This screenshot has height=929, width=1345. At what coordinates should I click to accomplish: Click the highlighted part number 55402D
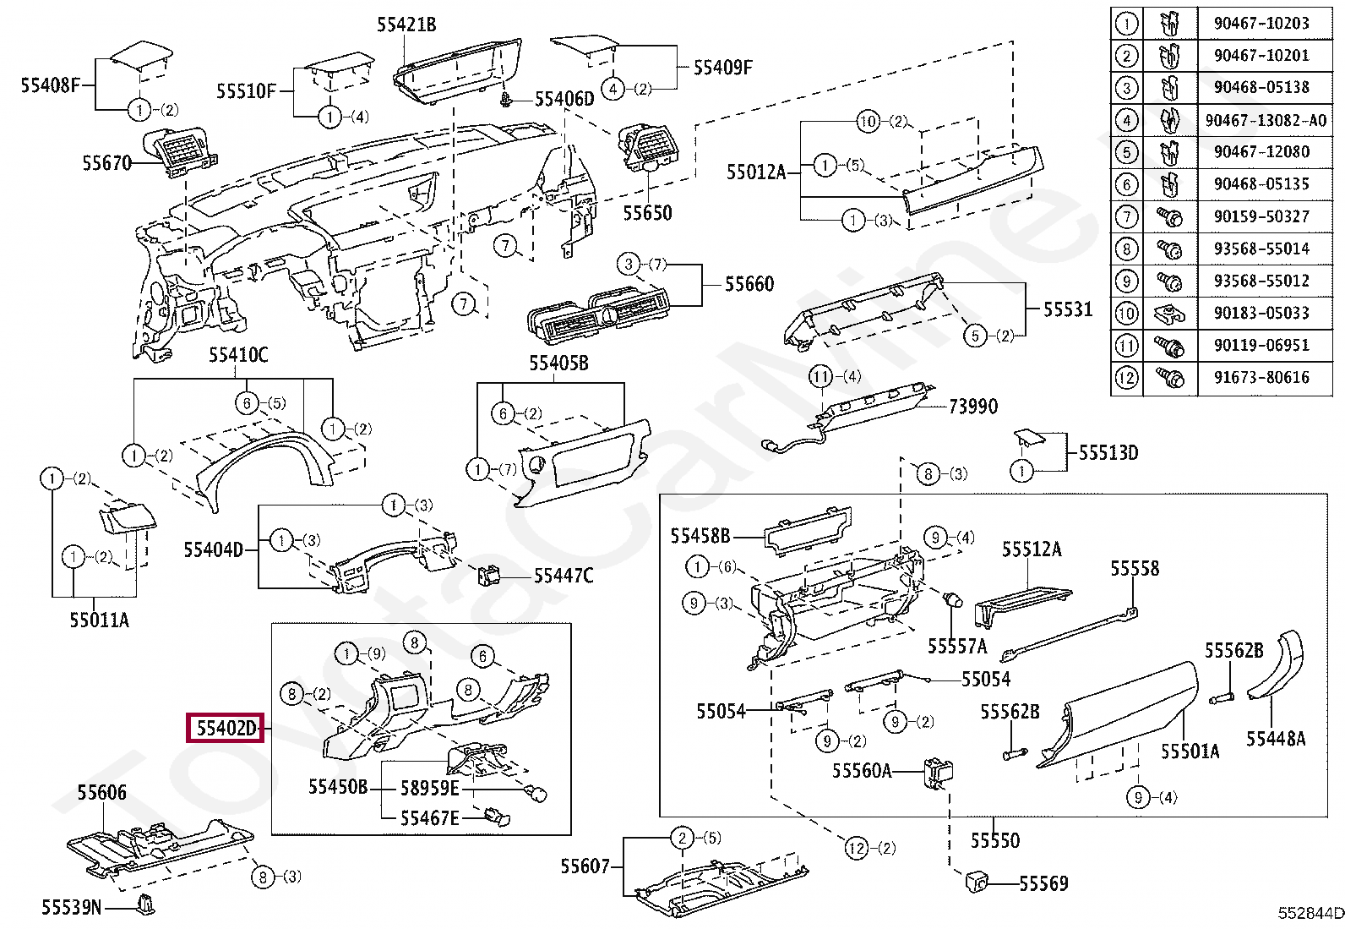226,729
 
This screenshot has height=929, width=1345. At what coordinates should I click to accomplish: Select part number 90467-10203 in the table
1261,23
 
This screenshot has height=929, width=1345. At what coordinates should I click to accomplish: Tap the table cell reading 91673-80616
1261,377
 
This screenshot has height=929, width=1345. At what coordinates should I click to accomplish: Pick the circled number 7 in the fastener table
1126,216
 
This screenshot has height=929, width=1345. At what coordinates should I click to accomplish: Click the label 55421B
406,25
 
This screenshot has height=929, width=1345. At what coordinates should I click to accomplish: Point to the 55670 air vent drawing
180,154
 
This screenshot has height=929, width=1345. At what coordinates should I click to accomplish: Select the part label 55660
749,284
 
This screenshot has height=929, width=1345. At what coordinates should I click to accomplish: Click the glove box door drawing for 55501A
1117,715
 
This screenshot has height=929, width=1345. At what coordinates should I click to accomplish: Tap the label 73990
973,407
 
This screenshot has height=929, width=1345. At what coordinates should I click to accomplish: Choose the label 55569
1043,883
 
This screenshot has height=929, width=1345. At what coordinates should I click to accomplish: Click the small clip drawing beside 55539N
146,904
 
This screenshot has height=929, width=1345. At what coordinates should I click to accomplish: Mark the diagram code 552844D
1310,914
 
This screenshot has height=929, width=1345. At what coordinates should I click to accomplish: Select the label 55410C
238,355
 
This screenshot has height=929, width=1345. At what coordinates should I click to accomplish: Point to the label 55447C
564,576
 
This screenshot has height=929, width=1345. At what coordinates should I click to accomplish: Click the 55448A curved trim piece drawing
1276,665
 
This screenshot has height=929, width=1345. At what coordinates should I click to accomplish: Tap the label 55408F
51,85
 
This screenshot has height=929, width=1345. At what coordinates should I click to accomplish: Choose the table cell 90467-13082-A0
1266,120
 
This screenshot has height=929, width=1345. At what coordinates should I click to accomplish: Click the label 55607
585,866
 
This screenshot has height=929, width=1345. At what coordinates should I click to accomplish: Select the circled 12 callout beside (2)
857,848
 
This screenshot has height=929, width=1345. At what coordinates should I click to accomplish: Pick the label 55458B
700,535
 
